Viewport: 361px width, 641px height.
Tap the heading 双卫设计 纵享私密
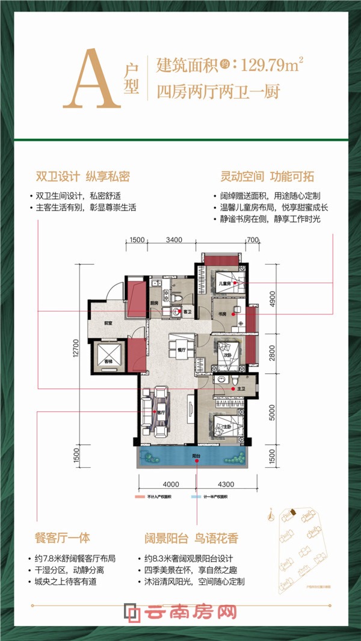(83, 177)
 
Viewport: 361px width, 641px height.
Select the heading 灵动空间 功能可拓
(267, 177)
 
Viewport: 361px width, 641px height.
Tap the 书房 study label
(222, 314)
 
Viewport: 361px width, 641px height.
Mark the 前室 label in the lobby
(108, 323)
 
